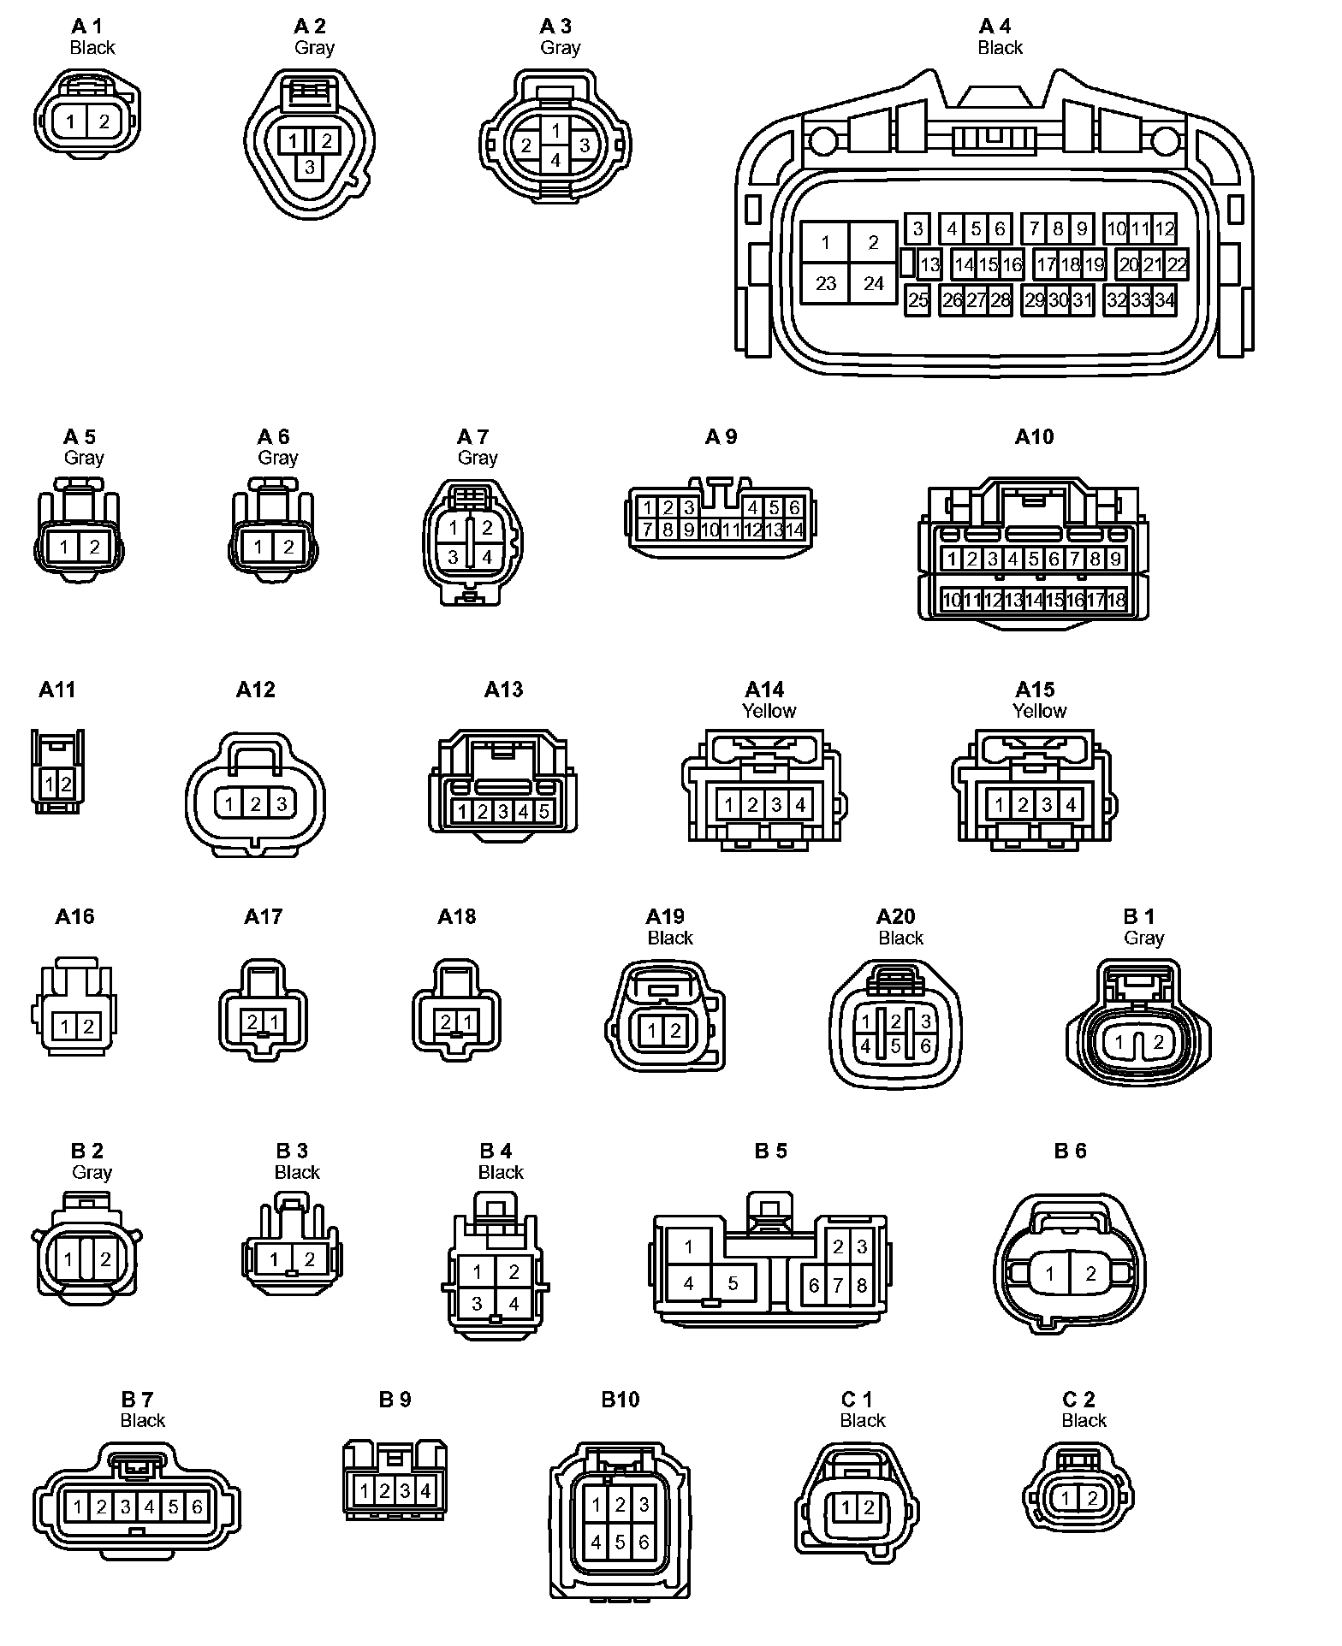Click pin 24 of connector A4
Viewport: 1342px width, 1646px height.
click(x=873, y=283)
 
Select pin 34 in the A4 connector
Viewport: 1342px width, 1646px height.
click(x=1165, y=300)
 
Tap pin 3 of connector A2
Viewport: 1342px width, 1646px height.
click(x=310, y=168)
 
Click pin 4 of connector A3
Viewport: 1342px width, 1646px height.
click(x=555, y=160)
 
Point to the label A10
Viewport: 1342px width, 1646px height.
click(x=1034, y=437)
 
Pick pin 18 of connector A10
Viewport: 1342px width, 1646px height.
click(x=1116, y=601)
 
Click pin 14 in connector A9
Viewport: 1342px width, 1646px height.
click(x=795, y=530)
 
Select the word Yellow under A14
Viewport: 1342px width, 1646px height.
click(x=769, y=711)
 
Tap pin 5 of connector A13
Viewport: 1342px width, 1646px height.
click(x=543, y=811)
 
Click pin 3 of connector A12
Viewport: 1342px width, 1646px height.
click(x=281, y=803)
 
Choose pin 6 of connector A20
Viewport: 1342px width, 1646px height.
click(x=925, y=1045)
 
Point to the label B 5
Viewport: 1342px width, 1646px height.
click(x=770, y=1152)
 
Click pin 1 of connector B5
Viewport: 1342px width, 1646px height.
click(x=689, y=1247)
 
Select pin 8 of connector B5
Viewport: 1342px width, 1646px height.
click(x=862, y=1286)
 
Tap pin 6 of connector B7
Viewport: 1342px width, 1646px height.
click(x=197, y=1531)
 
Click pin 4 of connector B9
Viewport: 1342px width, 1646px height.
click(x=425, y=1515)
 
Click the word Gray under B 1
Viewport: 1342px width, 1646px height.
click(x=1143, y=938)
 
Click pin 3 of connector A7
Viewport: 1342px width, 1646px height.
click(x=454, y=557)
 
